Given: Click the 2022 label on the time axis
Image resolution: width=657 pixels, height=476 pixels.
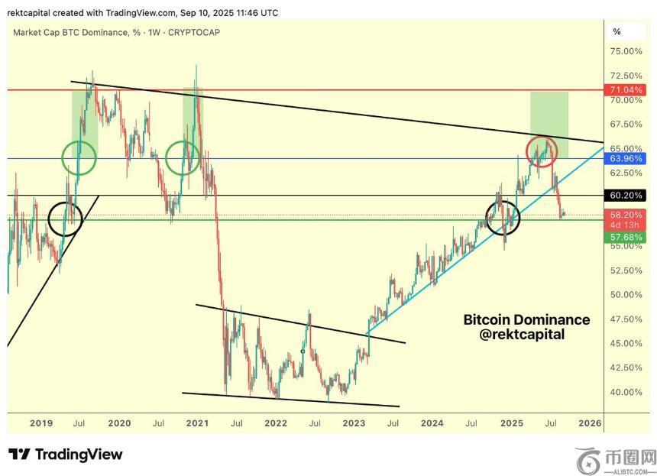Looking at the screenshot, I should pos(276,423).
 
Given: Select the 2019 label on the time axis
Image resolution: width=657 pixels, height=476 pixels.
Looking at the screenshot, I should pos(41,423).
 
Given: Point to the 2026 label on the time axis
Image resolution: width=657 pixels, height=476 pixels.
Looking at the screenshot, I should pos(589,423).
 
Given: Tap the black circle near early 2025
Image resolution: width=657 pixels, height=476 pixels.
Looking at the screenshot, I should pos(503,218).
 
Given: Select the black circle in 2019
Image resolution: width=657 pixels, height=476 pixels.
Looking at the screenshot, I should pos(64,219).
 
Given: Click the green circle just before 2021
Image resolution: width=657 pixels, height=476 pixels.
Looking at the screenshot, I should pos(183,157).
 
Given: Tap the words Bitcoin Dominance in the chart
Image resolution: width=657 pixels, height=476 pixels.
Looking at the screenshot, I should pos(527,319).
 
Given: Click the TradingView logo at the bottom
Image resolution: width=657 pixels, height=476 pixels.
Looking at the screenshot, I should pos(65,455).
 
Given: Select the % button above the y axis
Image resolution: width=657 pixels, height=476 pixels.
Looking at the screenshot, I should pos(617,32).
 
